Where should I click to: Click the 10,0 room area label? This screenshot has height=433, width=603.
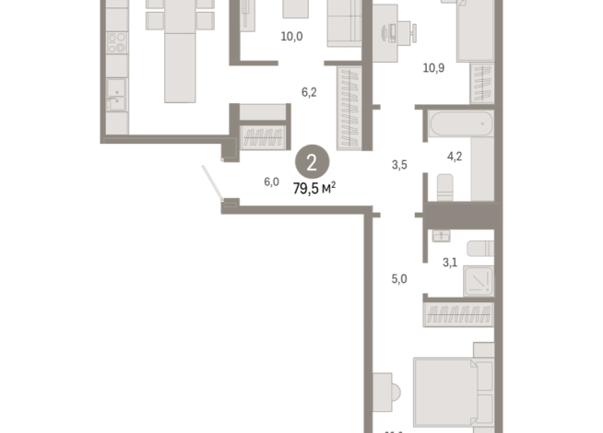tap(292, 37)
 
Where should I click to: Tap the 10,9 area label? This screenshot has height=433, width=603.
tap(433, 67)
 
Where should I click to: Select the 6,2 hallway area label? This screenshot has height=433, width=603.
tap(310, 92)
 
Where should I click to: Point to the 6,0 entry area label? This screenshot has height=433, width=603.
tap(271, 181)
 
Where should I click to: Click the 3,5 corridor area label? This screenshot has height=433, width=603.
tap(399, 166)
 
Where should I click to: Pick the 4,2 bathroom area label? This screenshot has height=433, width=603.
tap(455, 157)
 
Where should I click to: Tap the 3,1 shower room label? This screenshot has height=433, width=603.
tap(450, 263)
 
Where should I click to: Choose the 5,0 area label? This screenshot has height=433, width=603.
tap(399, 277)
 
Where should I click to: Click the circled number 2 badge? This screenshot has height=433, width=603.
tap(312, 164)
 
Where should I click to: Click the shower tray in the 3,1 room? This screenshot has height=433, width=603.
tap(479, 278)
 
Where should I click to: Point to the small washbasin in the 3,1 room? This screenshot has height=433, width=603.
tap(440, 235)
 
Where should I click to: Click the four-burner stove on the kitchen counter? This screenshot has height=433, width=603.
tap(116, 42)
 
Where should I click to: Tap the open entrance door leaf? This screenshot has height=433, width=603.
tap(213, 183)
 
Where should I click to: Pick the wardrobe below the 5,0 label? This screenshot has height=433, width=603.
tap(458, 314)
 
